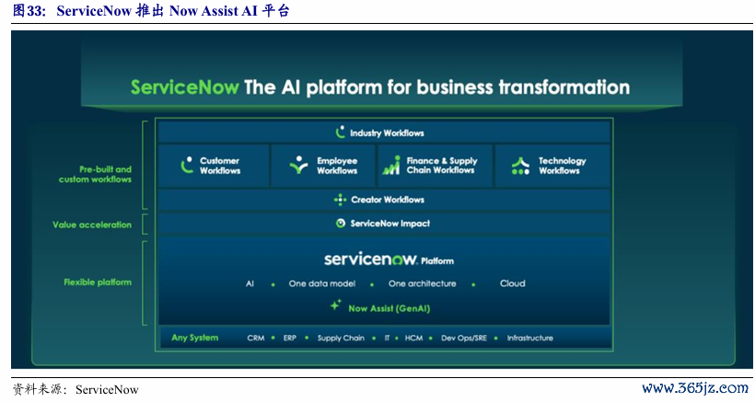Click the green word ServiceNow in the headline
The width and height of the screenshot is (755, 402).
(x=184, y=87)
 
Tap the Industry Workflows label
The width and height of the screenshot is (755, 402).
(x=387, y=132)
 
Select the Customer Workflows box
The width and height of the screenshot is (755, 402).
(x=214, y=166)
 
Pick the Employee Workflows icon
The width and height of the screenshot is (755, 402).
(x=298, y=165)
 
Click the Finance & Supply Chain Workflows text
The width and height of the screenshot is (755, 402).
(x=442, y=165)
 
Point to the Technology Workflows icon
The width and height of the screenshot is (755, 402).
(x=520, y=166)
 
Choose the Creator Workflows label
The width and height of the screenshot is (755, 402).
(x=388, y=200)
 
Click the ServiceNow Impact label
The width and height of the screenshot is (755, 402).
(x=390, y=224)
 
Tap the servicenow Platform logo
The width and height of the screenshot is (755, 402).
(x=389, y=259)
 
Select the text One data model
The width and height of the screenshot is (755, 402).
(x=322, y=283)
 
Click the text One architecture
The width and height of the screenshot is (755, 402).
(x=423, y=283)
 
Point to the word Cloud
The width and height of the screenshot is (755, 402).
(x=512, y=283)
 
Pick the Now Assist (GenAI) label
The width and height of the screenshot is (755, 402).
(x=389, y=309)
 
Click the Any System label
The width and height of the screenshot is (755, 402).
(x=194, y=338)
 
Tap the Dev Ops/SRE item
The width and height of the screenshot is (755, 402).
(x=464, y=338)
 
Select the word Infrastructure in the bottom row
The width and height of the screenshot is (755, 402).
(x=529, y=338)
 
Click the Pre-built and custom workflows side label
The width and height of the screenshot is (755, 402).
(x=96, y=174)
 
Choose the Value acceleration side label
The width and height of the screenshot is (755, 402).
(x=92, y=224)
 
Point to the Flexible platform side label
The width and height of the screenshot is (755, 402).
(x=98, y=282)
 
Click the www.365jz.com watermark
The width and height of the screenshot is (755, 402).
(x=695, y=388)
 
